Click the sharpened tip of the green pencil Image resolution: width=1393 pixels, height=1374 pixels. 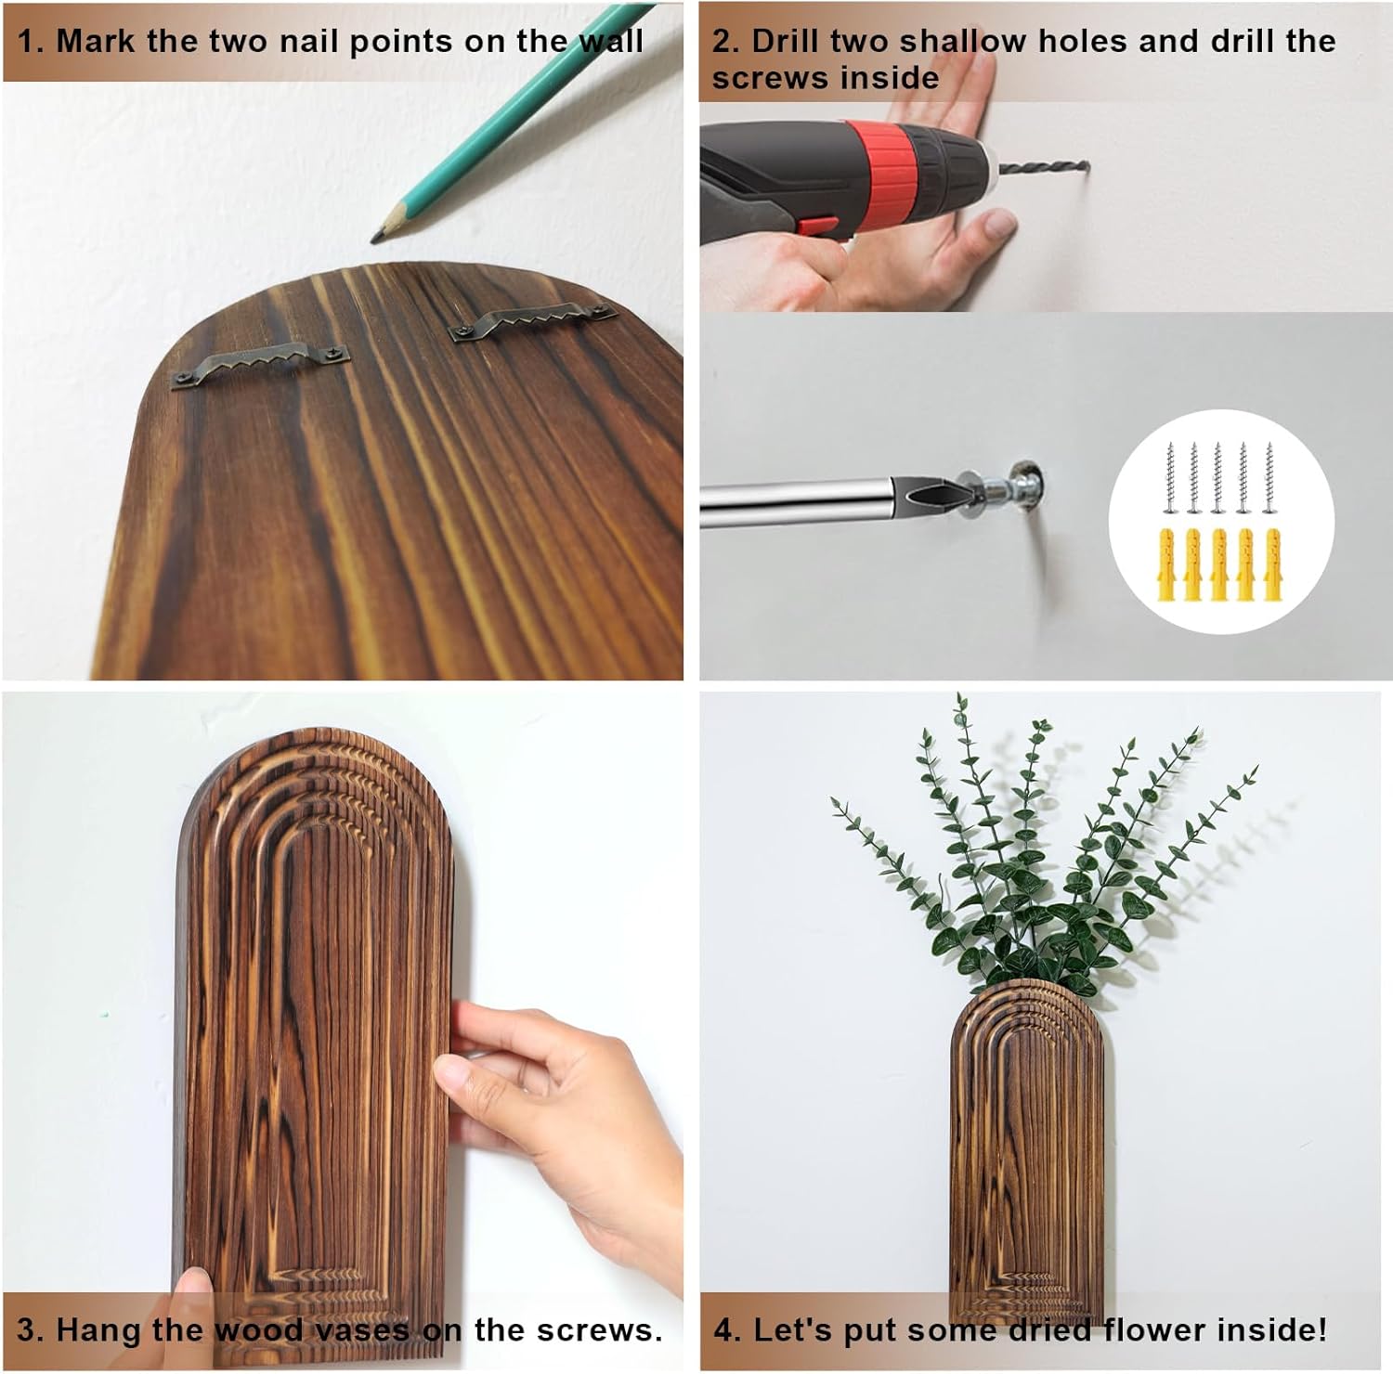click(x=374, y=239)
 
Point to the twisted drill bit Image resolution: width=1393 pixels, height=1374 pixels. click(x=1041, y=168)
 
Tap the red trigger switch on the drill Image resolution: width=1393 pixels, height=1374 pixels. click(x=814, y=225)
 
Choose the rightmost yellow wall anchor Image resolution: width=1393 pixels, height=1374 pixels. click(x=1271, y=564)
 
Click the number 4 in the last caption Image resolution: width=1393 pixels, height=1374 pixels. click(x=723, y=1329)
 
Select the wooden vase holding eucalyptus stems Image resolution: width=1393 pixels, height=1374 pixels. click(x=1025, y=1151)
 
